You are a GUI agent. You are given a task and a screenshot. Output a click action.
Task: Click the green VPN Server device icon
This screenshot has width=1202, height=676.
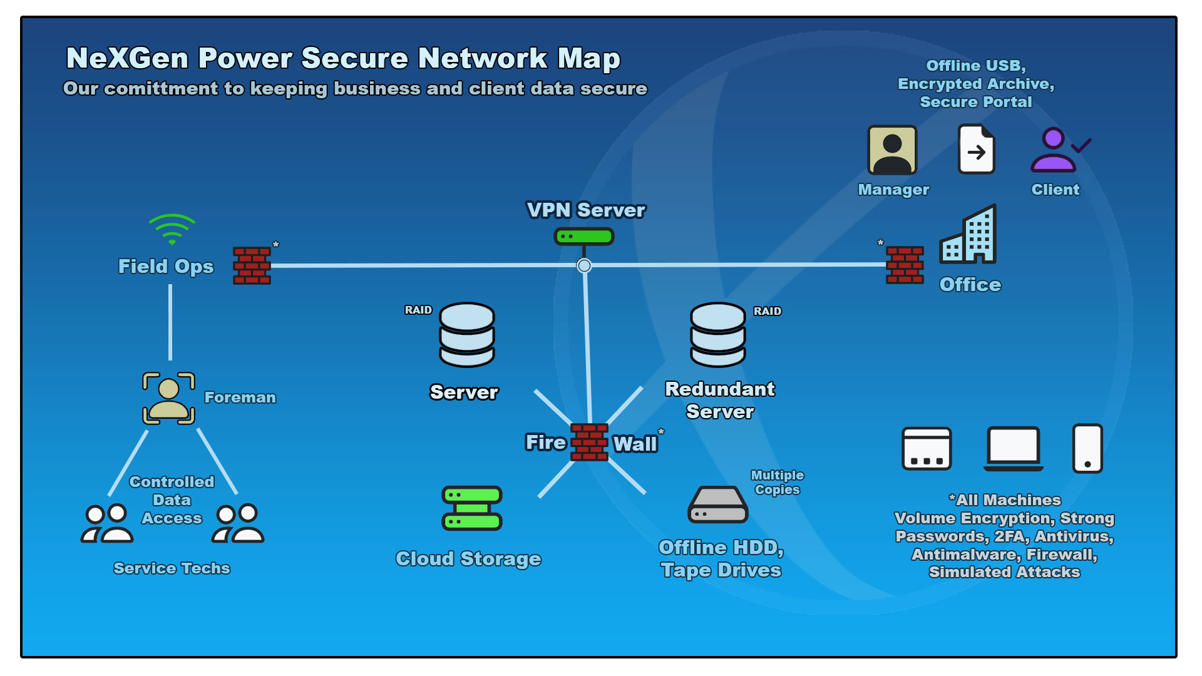click(583, 237)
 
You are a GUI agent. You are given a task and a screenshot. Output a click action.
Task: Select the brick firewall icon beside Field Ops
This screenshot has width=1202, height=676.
click(252, 265)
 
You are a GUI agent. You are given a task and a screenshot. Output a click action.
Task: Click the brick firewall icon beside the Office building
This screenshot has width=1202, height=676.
click(905, 265)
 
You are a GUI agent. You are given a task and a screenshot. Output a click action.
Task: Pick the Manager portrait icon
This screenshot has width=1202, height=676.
click(891, 150)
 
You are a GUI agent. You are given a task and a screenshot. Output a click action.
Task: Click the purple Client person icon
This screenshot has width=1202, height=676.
click(1054, 151)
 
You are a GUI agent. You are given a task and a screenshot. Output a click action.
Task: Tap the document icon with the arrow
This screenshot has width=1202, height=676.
click(976, 150)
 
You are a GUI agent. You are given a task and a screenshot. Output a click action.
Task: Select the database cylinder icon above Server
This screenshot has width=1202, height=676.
click(467, 335)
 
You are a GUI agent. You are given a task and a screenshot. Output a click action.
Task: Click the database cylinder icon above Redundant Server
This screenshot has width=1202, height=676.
click(717, 335)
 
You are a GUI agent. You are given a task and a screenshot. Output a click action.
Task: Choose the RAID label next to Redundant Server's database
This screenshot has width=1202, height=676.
click(767, 311)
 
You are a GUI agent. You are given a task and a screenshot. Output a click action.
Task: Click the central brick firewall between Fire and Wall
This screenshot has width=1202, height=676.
click(589, 443)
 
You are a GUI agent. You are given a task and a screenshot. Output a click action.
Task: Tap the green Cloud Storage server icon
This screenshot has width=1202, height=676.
click(472, 508)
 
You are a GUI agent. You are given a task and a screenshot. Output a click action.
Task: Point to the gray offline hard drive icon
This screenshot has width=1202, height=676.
click(718, 505)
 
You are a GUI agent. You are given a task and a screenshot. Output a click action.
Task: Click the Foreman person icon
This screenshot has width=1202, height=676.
click(168, 399)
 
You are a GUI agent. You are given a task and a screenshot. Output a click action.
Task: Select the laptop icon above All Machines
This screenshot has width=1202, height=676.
click(1013, 449)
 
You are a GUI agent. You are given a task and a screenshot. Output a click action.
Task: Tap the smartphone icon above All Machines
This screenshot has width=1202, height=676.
click(1087, 449)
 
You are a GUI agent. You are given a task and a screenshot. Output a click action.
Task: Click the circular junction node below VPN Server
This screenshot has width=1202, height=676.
click(584, 265)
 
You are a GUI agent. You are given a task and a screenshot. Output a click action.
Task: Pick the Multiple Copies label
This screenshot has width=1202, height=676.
click(777, 483)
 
